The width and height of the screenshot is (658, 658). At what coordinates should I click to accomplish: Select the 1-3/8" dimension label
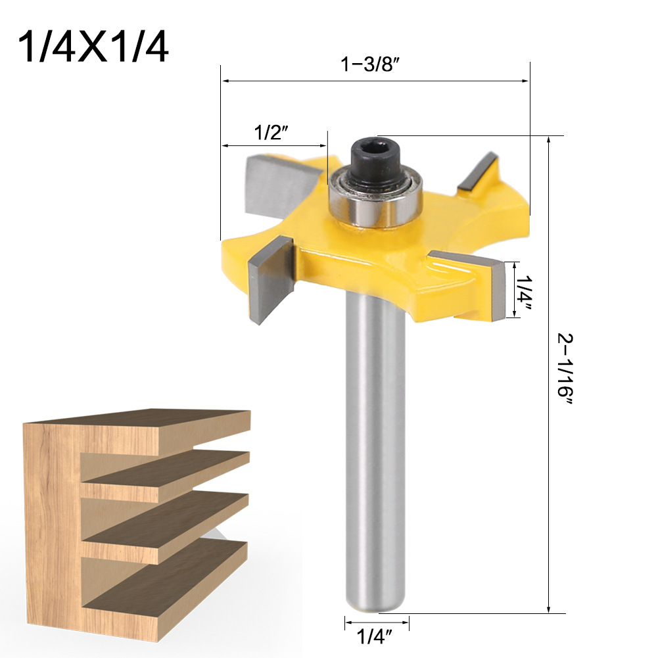click(x=370, y=66)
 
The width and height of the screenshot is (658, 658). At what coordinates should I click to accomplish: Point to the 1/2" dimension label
click(x=272, y=133)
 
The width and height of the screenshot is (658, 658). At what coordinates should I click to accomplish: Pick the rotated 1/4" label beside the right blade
click(x=524, y=289)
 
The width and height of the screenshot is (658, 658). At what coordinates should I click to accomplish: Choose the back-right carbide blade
click(x=478, y=172)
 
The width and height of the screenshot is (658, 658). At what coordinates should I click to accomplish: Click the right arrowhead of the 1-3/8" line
click(x=525, y=82)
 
